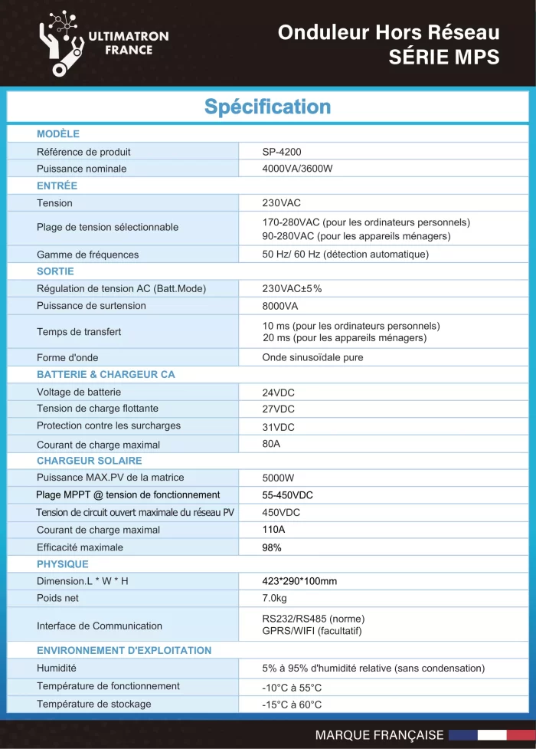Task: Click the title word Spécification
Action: (x=267, y=107)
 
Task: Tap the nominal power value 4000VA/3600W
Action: (x=302, y=169)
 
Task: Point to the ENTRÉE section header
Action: (x=57, y=186)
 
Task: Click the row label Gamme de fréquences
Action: (x=87, y=255)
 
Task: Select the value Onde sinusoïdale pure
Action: (x=312, y=357)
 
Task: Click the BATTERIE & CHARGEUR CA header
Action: (x=106, y=374)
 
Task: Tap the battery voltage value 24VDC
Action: (x=278, y=393)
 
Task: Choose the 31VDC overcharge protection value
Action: (x=278, y=427)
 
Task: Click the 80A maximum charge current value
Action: (x=272, y=444)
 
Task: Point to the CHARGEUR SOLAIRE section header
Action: (x=90, y=461)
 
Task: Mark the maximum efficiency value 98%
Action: (x=272, y=547)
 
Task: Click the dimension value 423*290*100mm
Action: (x=299, y=581)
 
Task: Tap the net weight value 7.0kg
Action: (x=275, y=598)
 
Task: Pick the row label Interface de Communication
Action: (x=100, y=626)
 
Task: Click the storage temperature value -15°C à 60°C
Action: (x=292, y=705)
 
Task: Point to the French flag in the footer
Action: (x=491, y=734)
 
